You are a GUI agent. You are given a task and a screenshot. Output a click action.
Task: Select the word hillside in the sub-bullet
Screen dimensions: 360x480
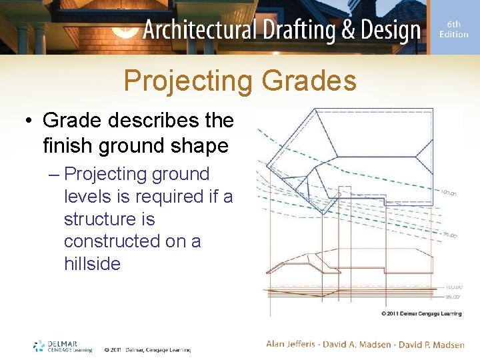(92, 264)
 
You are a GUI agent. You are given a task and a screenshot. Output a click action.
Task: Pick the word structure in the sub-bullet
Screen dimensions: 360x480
(93, 219)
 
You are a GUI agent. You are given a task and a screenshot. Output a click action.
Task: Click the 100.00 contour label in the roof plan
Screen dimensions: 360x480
(448, 193)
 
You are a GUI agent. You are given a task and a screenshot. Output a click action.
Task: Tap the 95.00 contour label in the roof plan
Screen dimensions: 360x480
(451, 235)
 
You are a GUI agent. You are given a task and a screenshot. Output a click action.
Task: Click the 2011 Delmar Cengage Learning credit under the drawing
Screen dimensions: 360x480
(421, 313)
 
